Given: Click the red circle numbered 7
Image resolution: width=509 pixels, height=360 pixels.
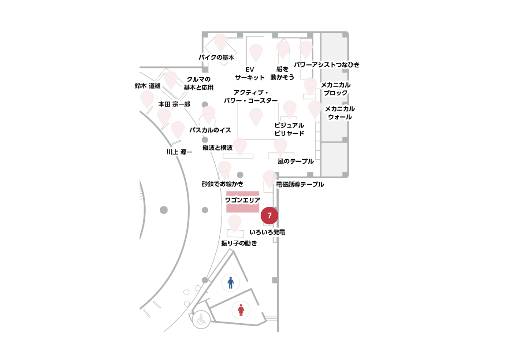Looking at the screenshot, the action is pos(269,216).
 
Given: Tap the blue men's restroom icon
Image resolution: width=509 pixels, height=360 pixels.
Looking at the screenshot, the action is pos(231,283).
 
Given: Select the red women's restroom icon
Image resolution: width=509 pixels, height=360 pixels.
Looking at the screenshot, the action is pos(241,310).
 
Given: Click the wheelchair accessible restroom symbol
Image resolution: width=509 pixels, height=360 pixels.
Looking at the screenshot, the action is pos(201,320).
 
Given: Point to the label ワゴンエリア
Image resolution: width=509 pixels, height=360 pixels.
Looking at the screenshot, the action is pos(243,200).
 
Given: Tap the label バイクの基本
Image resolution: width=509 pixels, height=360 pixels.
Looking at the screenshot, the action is pos(216,57).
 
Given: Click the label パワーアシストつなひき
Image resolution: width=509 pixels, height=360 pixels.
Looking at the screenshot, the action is pos(327,65).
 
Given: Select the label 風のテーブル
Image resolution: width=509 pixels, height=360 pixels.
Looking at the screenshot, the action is pos(296,161).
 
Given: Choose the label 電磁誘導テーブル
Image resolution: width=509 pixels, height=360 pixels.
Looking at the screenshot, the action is pos(300,185).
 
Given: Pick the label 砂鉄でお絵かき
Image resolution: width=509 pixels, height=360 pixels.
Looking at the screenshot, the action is pos(222,184).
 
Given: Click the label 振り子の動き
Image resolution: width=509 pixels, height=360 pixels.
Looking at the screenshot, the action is pos(239,243).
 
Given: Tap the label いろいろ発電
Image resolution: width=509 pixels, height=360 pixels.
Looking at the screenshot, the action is pos(267,232).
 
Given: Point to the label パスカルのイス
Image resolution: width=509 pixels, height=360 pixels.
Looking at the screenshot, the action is pos(210,130).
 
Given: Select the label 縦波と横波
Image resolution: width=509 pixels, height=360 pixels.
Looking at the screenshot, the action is pos(217,148).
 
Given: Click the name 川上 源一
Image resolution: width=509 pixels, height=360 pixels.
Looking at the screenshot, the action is pos(179,152).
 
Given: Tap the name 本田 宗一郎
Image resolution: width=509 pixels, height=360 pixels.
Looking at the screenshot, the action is pos(174,104).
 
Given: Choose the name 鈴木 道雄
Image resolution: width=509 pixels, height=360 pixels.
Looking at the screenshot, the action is pos(148,86).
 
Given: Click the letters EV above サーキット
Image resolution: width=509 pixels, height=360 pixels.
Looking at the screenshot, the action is pos(250,69).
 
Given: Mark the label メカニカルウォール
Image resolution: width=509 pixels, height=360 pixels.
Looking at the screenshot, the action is pos(340,113).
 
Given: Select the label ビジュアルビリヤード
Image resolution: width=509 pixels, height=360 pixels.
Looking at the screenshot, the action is pos(289,129).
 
